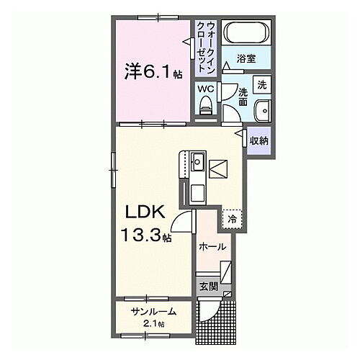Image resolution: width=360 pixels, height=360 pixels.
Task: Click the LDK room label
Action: (148, 214)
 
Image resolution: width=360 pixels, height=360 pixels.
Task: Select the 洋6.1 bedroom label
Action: (148, 72)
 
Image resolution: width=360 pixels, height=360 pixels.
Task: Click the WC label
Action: (205, 90)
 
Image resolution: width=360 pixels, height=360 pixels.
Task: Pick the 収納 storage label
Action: (259, 141)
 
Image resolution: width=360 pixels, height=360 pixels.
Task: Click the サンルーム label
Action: (152, 312)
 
